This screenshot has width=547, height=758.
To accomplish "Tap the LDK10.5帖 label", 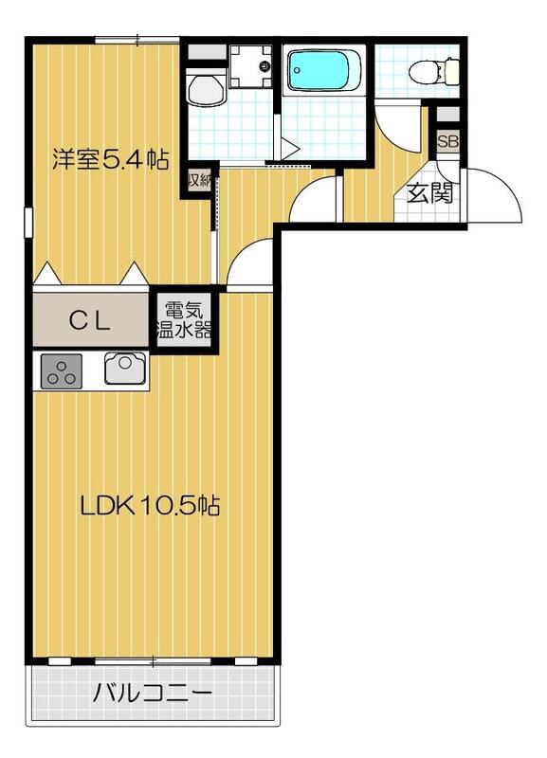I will (150, 506).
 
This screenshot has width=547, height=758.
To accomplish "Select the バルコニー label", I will (152, 695).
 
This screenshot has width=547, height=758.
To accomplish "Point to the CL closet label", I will (91, 320).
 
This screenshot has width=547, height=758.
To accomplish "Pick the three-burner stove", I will (62, 370).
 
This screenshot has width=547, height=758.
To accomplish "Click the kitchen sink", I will (123, 368).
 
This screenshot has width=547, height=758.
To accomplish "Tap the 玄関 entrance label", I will (429, 192).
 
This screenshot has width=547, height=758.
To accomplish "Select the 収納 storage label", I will (197, 180).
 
